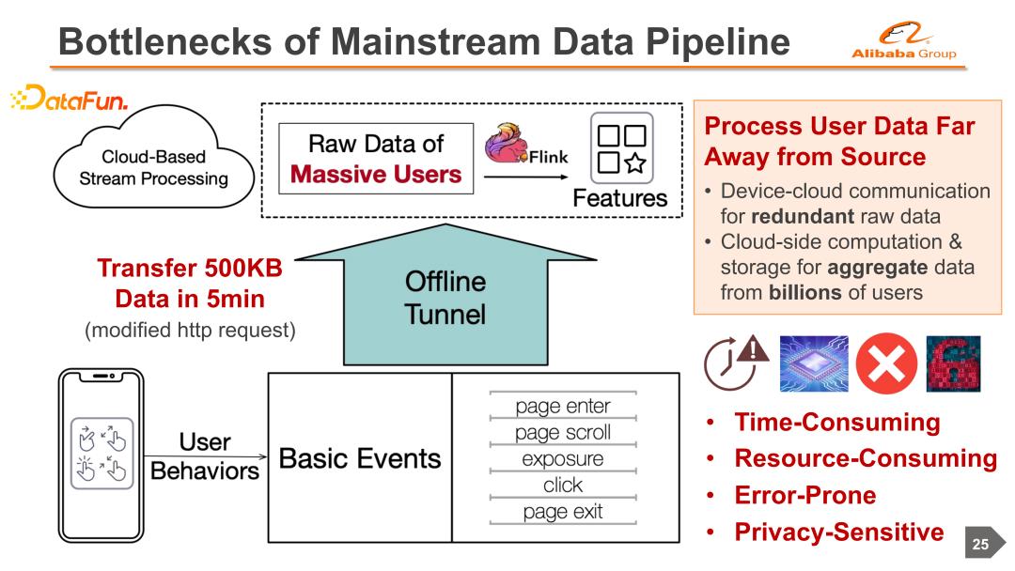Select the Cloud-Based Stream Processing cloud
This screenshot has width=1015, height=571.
(x=151, y=168)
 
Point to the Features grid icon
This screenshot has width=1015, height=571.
(x=620, y=150)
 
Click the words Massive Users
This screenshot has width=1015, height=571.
(x=376, y=174)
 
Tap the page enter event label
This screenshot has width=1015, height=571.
(x=563, y=407)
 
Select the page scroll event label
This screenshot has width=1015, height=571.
(x=563, y=433)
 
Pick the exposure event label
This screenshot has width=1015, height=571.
(x=563, y=459)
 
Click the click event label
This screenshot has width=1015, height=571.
(x=563, y=486)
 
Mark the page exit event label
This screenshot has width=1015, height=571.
(x=563, y=512)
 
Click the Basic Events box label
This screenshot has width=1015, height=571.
(x=360, y=458)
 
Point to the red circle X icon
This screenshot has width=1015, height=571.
(x=883, y=363)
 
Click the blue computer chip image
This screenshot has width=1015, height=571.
(x=814, y=363)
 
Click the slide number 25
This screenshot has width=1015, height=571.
(x=980, y=544)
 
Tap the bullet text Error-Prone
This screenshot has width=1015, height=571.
(x=804, y=495)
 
